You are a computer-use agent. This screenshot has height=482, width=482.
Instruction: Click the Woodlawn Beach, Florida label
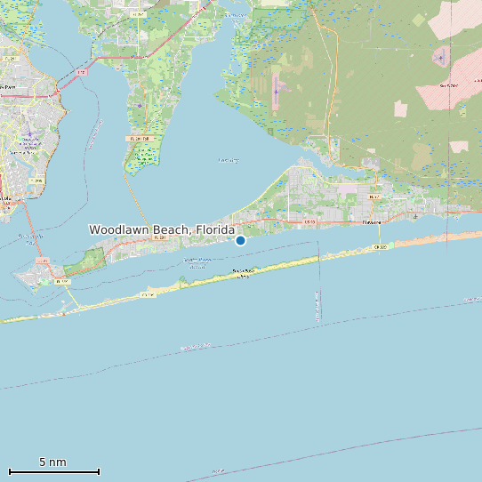(x=161, y=229)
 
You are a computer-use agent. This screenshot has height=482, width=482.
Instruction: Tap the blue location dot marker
(x=240, y=240)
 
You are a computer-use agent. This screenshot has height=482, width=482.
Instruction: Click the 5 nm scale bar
(x=53, y=470)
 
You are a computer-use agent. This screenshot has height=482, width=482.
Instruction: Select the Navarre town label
(x=371, y=222)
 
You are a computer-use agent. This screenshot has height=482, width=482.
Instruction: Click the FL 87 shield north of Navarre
(x=374, y=197)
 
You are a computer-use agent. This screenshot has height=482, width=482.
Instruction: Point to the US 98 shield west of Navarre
(x=309, y=221)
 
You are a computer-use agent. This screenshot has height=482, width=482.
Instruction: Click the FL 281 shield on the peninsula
(x=139, y=139)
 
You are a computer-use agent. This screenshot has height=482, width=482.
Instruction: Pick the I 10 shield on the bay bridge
(x=82, y=72)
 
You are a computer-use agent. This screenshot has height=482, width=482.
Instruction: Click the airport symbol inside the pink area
(x=442, y=59)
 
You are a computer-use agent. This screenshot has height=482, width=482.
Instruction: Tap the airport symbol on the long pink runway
(x=277, y=90)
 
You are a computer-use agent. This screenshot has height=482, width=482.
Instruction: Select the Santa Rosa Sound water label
(x=197, y=262)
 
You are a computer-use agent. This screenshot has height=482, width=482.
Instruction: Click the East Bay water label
(x=229, y=160)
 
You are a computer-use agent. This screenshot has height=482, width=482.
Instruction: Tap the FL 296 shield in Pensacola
(x=36, y=181)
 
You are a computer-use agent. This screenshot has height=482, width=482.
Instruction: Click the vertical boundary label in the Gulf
(x=317, y=305)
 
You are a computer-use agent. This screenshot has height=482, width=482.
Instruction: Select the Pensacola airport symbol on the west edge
(x=28, y=135)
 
